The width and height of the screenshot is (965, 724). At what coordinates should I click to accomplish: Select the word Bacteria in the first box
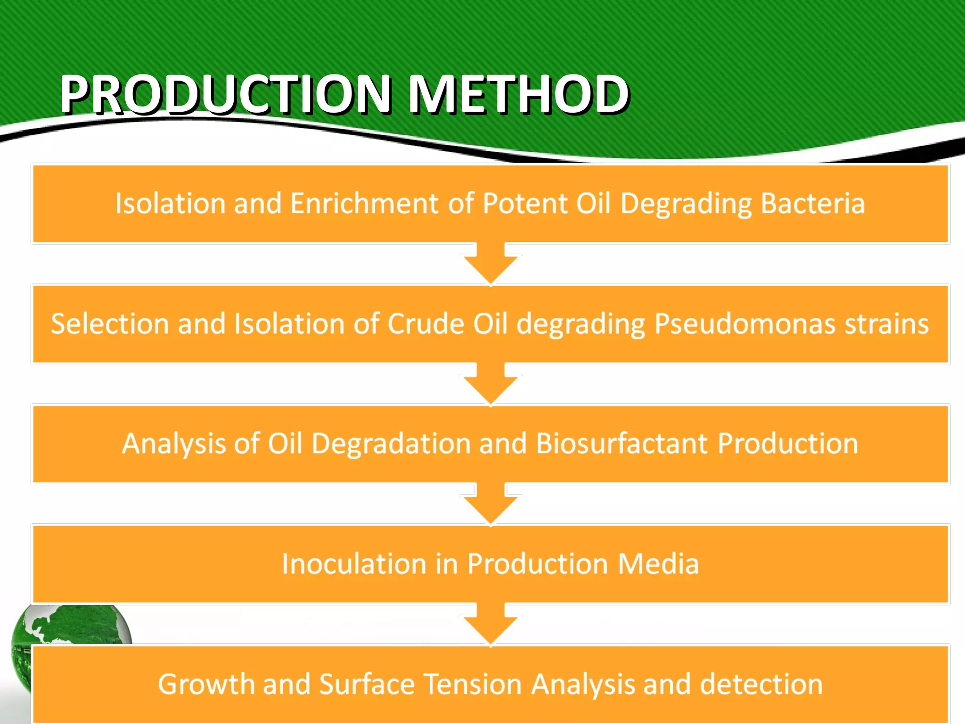coord(812,204)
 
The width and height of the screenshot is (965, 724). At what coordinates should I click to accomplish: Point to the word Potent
coord(525,204)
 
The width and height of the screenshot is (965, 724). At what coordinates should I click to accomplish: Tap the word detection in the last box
coord(761,684)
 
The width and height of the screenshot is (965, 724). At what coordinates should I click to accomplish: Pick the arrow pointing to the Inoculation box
coord(491,505)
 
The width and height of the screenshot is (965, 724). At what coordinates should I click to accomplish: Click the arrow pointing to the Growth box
coord(491,625)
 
